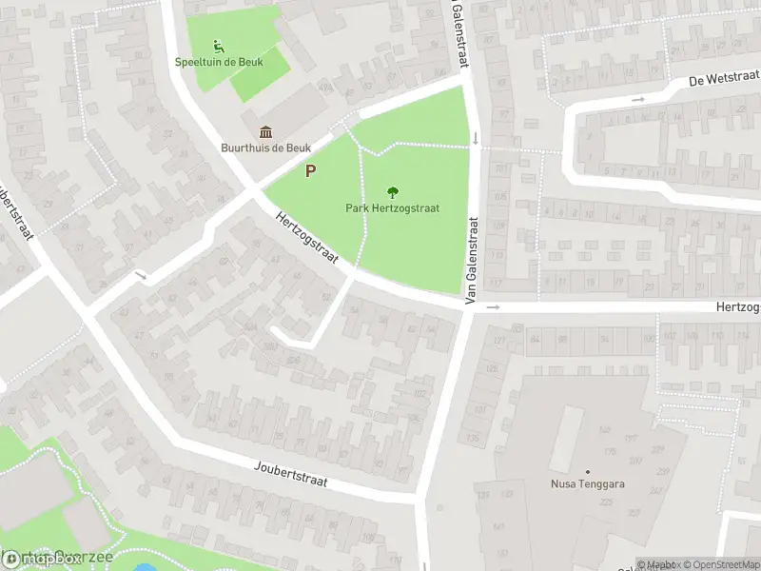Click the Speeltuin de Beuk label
[218, 62]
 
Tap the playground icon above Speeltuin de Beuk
[218, 45]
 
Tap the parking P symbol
[310, 171]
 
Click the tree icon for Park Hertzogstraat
[392, 191]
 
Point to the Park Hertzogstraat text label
[392, 207]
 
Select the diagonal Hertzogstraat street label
[307, 246]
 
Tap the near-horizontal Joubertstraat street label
[291, 473]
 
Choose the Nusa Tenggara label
[588, 483]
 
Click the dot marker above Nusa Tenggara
[588, 471]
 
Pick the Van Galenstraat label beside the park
[470, 261]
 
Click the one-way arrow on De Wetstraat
[638, 99]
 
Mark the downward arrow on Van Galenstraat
[475, 140]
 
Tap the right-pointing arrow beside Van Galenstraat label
[493, 307]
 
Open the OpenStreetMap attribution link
[720, 564]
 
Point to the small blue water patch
[145, 568]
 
